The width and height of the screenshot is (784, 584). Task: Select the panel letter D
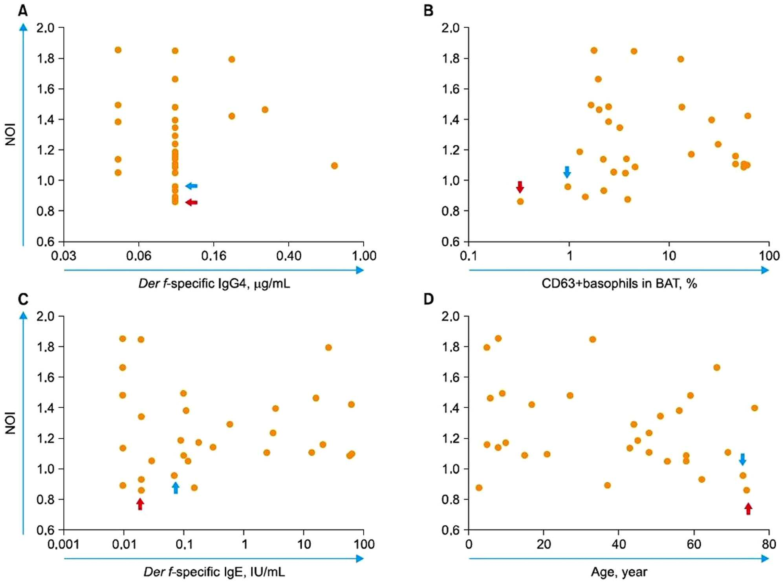pyautogui.click(x=429, y=299)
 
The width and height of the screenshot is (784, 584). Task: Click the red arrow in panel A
pyautogui.click(x=191, y=202)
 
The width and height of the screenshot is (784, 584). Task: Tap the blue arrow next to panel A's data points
pyautogui.click(x=191, y=186)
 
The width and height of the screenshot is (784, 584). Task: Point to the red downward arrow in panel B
pyautogui.click(x=520, y=187)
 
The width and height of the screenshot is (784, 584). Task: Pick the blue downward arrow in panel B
pyautogui.click(x=567, y=172)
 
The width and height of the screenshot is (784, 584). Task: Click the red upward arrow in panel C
pyautogui.click(x=140, y=504)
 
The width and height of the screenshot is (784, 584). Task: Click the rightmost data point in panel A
pyautogui.click(x=334, y=166)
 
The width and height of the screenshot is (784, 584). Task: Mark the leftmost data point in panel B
pyautogui.click(x=520, y=201)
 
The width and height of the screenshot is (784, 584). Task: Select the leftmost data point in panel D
pyautogui.click(x=479, y=488)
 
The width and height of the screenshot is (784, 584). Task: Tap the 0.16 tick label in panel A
pyautogui.click(x=214, y=256)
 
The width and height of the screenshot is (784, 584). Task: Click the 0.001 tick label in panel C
pyautogui.click(x=64, y=544)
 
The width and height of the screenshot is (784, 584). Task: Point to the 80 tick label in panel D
pyautogui.click(x=769, y=544)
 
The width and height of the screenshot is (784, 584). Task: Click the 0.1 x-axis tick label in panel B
pyautogui.click(x=469, y=256)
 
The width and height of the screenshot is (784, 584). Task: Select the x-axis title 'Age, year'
pyautogui.click(x=619, y=572)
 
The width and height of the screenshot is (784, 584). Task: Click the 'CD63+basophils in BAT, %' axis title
pyautogui.click(x=619, y=283)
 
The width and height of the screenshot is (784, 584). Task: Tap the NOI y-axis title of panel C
pyautogui.click(x=11, y=423)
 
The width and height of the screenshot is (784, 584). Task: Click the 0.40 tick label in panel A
pyautogui.click(x=289, y=256)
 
